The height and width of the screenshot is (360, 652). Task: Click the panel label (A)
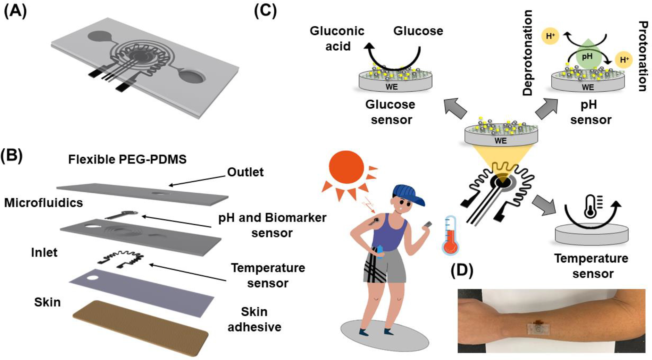pyautogui.click(x=15, y=11)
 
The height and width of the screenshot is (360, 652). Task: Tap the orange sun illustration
pyautogui.click(x=346, y=167)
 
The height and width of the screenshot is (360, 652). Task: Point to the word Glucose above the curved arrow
pyautogui.click(x=418, y=31)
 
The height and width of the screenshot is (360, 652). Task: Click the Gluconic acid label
pyautogui.click(x=337, y=39)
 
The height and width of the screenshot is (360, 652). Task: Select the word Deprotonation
pyautogui.click(x=527, y=53)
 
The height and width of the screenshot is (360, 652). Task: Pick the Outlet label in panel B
pyautogui.click(x=245, y=172)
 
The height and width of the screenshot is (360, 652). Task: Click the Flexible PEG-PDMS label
pyautogui.click(x=127, y=159)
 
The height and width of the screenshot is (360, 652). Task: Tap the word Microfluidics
pyautogui.click(x=43, y=203)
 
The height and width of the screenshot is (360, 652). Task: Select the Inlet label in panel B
pyautogui.click(x=44, y=252)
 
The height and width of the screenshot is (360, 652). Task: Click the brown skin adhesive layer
pyautogui.click(x=141, y=328)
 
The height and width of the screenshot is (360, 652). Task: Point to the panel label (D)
pyautogui.click(x=462, y=271)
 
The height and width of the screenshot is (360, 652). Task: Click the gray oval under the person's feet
pyautogui.click(x=384, y=336)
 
